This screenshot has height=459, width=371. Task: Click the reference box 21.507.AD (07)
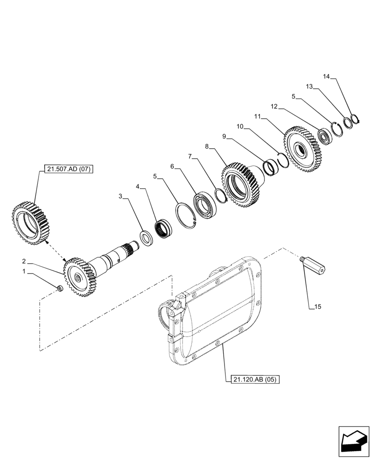point(69,169)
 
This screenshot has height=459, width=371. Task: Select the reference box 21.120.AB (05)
point(253,380)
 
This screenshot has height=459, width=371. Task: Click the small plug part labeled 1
point(60,288)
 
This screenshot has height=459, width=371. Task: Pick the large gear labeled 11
point(302,150)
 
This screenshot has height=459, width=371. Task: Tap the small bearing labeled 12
point(326,136)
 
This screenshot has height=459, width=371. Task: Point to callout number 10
point(239,126)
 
